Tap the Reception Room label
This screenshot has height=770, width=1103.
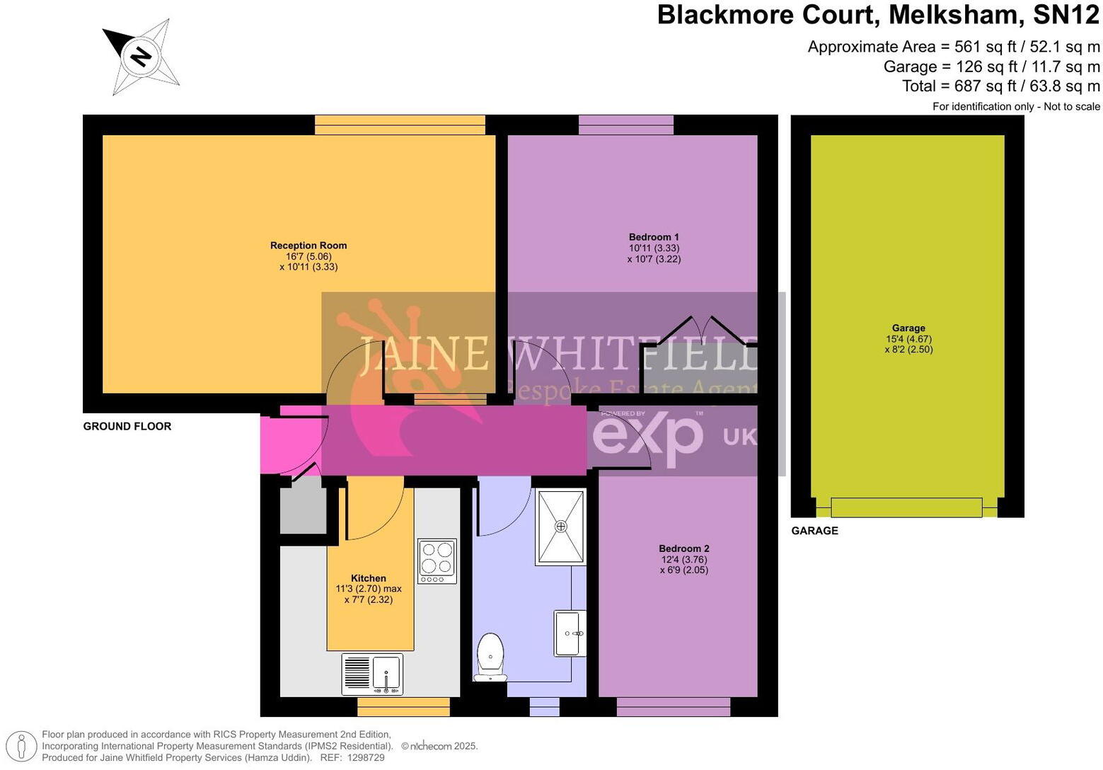pyautogui.click(x=308, y=246)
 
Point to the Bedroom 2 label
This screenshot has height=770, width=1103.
pyautogui.click(x=683, y=548)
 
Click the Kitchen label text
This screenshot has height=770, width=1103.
pyautogui.click(x=369, y=578)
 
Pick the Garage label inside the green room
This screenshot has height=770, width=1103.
pyautogui.click(x=908, y=328)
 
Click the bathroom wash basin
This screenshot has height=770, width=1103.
pyautogui.click(x=570, y=633)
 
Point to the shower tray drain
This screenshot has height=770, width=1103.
pyautogui.click(x=561, y=526)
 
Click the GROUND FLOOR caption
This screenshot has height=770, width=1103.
pyautogui.click(x=127, y=426)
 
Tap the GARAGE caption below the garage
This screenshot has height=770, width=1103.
pyautogui.click(x=814, y=531)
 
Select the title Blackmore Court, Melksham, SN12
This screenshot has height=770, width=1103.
pyautogui.click(x=879, y=15)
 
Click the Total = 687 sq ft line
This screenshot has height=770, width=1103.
pyautogui.click(x=1001, y=86)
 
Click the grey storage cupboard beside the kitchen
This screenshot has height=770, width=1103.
pyautogui.click(x=303, y=510)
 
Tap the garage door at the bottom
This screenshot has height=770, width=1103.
pyautogui.click(x=906, y=507)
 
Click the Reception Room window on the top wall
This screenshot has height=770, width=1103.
pyautogui.click(x=400, y=125)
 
